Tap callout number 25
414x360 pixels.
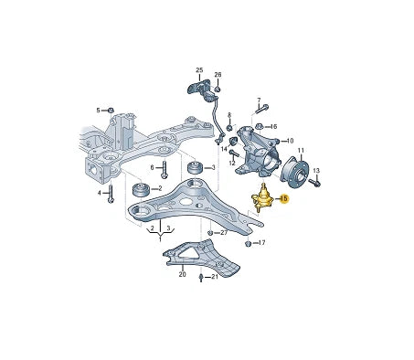199,69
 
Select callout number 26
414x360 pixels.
218,74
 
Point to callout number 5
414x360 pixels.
99,110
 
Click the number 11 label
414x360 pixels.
302,150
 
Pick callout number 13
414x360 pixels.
317,171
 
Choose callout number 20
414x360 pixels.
182,273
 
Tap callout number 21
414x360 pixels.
215,277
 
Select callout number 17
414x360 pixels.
261,243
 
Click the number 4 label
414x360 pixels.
99,193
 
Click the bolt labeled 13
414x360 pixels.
313,183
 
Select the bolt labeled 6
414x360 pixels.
164,171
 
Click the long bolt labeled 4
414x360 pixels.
111,195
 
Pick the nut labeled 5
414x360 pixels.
111,111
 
